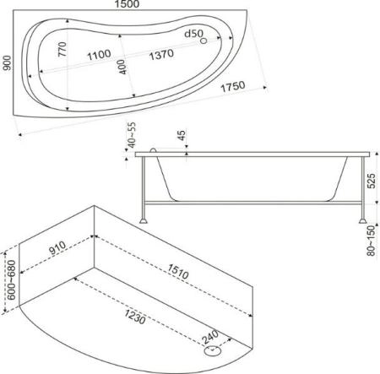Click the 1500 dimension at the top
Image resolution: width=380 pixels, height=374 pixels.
point(127,4)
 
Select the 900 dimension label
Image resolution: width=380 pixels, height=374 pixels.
point(7,63)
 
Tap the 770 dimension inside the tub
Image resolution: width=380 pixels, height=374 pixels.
point(62,49)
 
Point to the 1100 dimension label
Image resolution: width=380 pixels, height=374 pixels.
point(99,55)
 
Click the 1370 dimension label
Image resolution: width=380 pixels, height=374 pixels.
point(161,54)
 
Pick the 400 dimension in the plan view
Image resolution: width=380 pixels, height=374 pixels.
point(122,67)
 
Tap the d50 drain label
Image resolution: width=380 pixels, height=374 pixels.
point(193,34)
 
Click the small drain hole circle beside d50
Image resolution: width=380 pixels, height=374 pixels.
point(204,41)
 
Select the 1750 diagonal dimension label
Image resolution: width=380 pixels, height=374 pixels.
point(233,86)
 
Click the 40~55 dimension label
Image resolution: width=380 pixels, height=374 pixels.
point(132,135)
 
